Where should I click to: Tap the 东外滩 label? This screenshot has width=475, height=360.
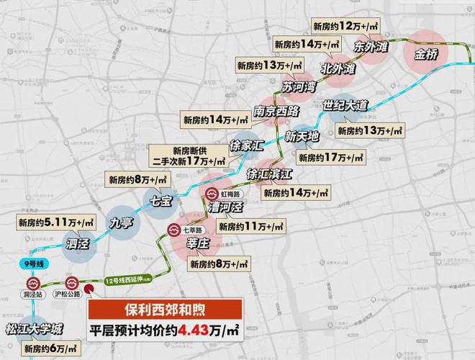coord(371,45)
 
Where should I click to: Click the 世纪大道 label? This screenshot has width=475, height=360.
coord(345,106)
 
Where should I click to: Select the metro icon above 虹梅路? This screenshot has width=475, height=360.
coord(212,194)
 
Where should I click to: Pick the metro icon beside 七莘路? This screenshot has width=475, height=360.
coord(174,230)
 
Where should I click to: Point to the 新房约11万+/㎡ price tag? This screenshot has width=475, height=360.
coord(250,227)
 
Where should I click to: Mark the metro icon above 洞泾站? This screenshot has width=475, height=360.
coord(32,283)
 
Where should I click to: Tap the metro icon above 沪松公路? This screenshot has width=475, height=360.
coord(71,283)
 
